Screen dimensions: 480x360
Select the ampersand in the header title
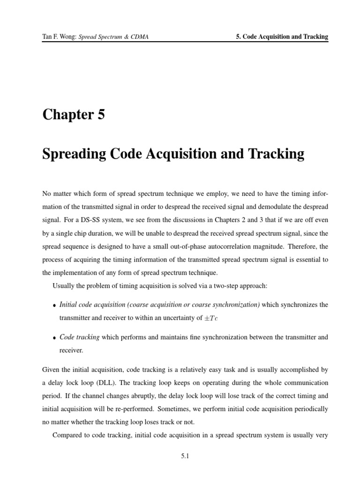click(x=126, y=37)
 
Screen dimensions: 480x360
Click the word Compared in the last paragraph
click(x=67, y=435)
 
